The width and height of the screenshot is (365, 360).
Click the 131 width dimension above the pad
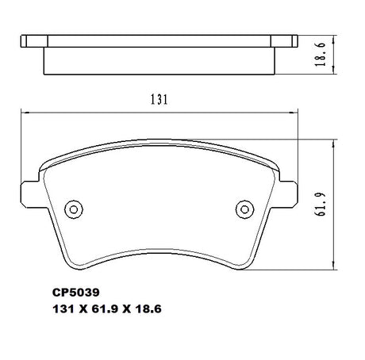pyautogui.click(x=159, y=100)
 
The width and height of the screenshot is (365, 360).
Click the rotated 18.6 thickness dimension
pyautogui.click(x=320, y=54)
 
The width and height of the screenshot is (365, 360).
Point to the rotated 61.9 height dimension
pyautogui.click(x=321, y=205)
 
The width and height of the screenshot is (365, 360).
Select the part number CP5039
pyautogui.click(x=76, y=293)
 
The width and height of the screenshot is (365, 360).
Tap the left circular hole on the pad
pyautogui.click(x=74, y=209)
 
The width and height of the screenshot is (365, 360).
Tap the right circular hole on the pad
pyautogui.click(x=244, y=209)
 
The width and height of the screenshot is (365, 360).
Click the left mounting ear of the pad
pyautogui.click(x=30, y=194)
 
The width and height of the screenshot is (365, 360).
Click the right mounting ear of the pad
pyautogui.click(x=288, y=194)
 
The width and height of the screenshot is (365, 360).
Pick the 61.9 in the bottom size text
pyautogui.click(x=105, y=308)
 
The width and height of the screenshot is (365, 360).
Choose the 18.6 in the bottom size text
pyautogui.click(x=148, y=308)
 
